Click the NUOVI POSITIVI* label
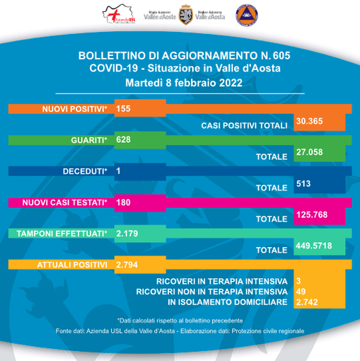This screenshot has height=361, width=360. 74,108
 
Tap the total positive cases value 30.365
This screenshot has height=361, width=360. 310,122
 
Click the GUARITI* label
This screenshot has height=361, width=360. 89,140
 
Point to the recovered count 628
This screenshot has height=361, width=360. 124,140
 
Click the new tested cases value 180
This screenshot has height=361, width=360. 124,202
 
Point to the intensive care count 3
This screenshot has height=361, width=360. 298,280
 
